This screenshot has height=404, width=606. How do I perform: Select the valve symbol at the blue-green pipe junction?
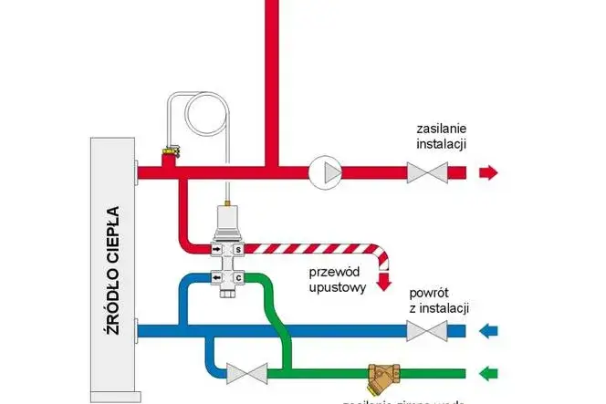(x=246, y=372)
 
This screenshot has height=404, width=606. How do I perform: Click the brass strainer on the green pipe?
(x=381, y=374)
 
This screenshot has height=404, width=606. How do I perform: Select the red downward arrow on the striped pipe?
(x=384, y=284)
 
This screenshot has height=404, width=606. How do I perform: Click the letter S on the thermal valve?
(x=238, y=248)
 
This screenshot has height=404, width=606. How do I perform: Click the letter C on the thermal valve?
(x=238, y=277)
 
